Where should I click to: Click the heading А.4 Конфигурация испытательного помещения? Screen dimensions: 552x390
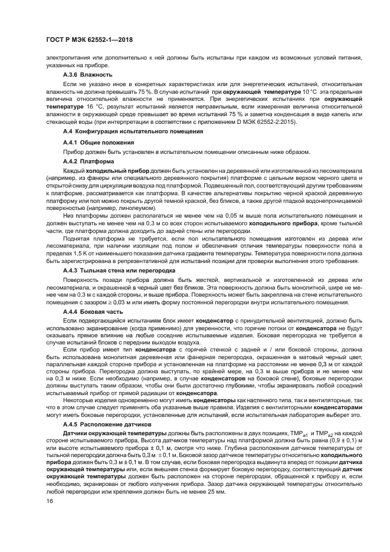(x=133, y=131)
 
